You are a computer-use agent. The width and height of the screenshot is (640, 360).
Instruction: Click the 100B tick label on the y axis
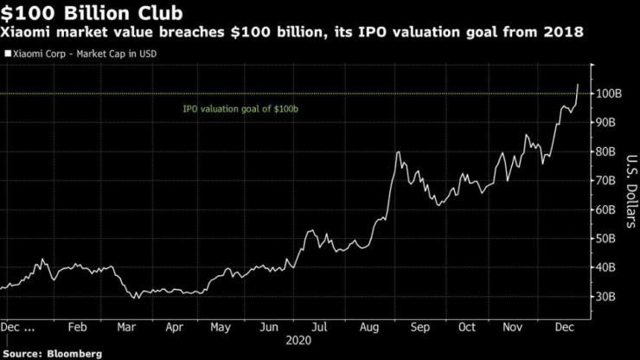point(608,93)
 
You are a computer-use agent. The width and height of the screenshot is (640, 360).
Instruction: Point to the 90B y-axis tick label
point(608,123)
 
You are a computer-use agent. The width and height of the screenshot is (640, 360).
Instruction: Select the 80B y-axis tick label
point(608,151)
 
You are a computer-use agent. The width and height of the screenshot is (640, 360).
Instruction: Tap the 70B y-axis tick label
point(608,181)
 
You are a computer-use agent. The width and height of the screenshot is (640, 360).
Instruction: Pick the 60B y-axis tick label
point(608,209)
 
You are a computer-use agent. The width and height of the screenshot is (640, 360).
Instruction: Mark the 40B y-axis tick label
point(608,267)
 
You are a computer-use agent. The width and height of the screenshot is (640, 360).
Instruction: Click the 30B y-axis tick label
point(608,297)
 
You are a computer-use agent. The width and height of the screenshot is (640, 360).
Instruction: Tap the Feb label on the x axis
point(77,327)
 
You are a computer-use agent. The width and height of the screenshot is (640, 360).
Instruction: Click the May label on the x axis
point(221,327)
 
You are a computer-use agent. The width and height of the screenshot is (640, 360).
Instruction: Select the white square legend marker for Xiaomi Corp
point(8,53)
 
